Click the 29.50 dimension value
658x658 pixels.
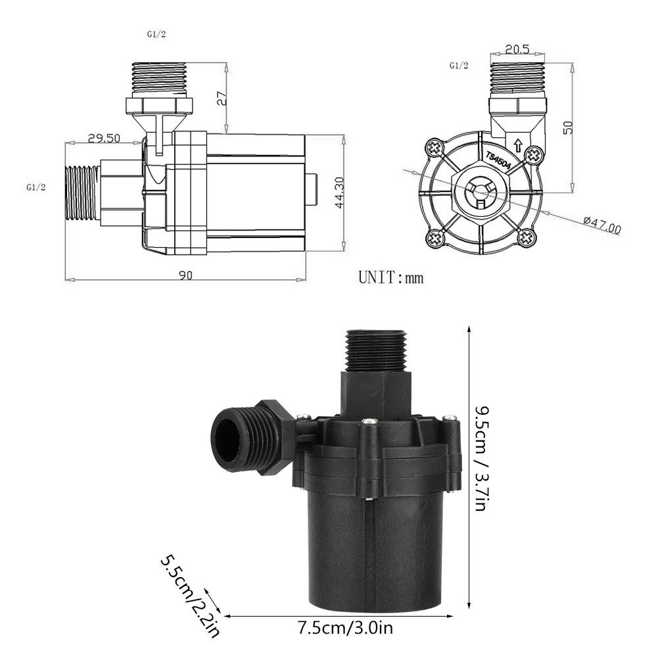click(103, 138)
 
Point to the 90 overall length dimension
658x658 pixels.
click(185, 276)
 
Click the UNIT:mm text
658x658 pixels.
click(390, 277)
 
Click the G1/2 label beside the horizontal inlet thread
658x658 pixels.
click(35, 187)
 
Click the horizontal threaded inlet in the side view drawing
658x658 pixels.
click(82, 193)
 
